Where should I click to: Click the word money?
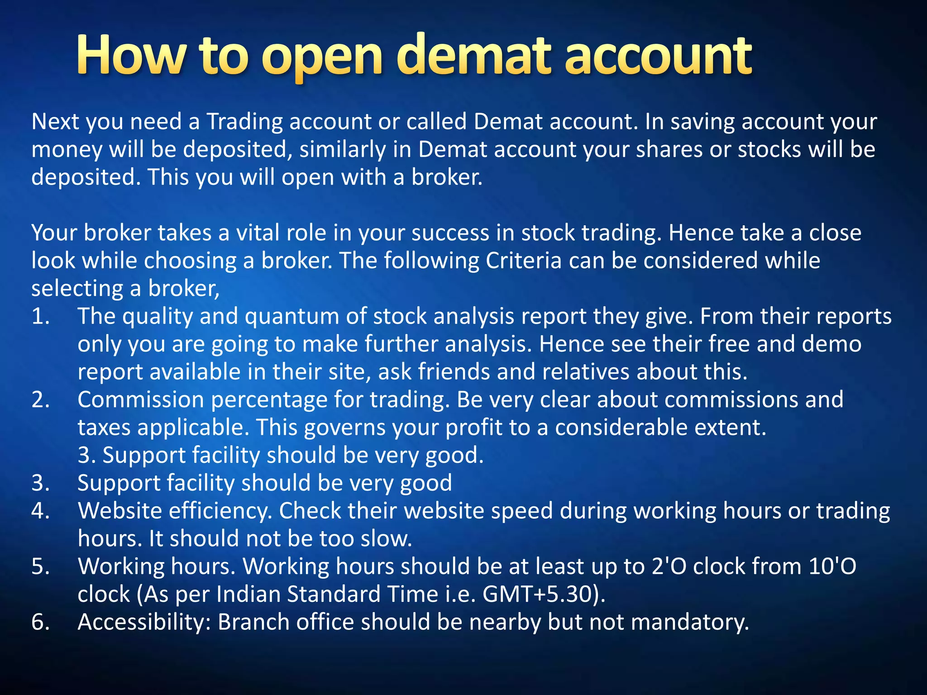pos(67,150)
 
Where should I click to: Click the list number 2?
pos(40,400)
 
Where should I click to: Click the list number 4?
pos(40,511)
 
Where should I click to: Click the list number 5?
pos(40,567)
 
